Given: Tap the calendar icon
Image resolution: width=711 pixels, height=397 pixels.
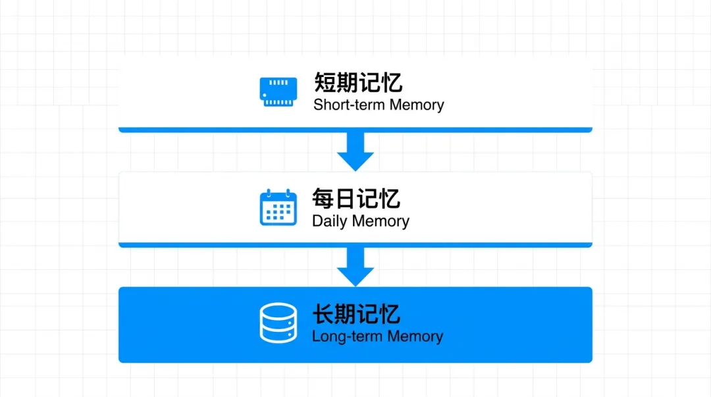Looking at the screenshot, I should click(278, 207).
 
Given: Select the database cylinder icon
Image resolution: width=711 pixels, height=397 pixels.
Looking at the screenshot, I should click(278, 323).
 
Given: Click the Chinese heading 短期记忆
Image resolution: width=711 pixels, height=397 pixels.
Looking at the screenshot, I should click(358, 83).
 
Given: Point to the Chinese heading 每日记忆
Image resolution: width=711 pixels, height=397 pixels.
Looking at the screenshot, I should click(356, 199).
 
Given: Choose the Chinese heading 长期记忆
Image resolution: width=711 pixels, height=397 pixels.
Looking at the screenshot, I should click(356, 314).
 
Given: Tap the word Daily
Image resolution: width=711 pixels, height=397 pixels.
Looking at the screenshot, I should click(329, 221).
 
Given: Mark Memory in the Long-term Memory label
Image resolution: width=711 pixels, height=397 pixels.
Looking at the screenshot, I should click(415, 336).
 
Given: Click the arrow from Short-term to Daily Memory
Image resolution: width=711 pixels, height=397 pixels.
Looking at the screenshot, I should click(355, 151).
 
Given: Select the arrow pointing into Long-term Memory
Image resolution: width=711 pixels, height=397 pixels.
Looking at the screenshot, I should click(355, 267).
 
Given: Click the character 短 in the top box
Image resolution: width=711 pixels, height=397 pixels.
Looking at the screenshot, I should click(325, 83).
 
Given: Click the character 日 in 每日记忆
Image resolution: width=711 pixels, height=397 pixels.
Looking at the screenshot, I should click(345, 199).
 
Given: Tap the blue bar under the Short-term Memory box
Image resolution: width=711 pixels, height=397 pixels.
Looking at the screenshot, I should click(355, 130).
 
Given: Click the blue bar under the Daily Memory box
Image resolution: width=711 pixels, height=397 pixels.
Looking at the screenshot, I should click(355, 245).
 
